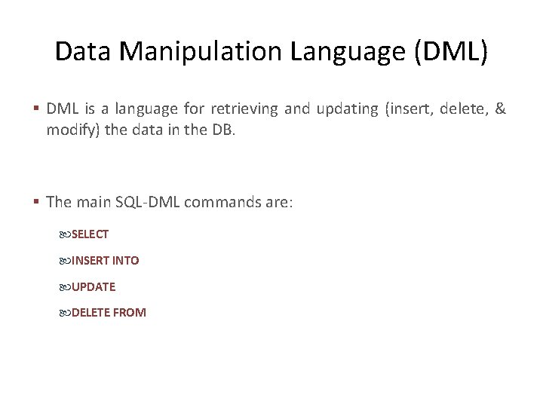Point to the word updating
pyautogui.click(x=346, y=109)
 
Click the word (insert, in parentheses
pyautogui.click(x=410, y=109)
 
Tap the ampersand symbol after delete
pyautogui.click(x=501, y=109)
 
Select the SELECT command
pyautogui.click(x=90, y=234)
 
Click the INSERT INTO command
pyautogui.click(x=105, y=261)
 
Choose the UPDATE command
pyautogui.click(x=94, y=287)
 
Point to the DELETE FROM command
pyautogui.click(x=109, y=313)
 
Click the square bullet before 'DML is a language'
pyautogui.click(x=37, y=110)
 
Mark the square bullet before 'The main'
pyautogui.click(x=37, y=203)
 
